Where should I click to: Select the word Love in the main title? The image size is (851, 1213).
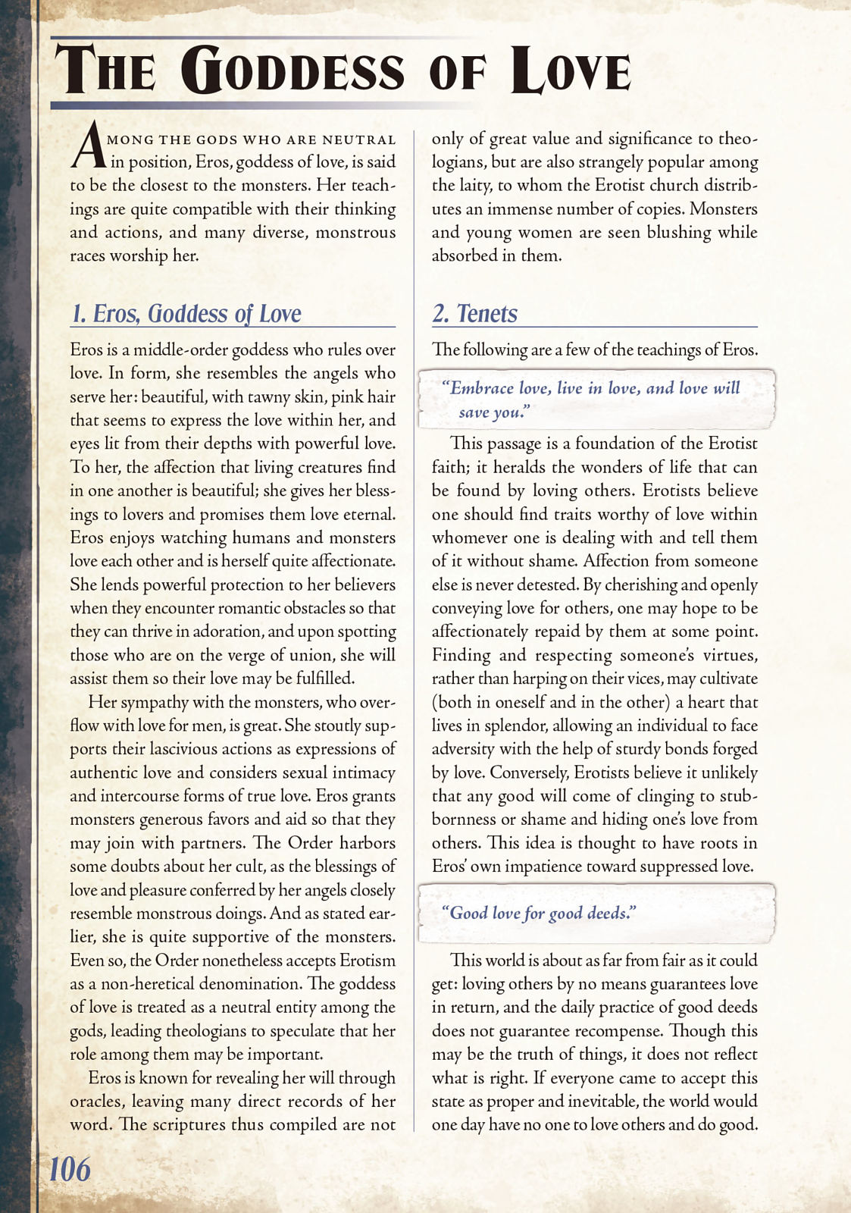(571, 71)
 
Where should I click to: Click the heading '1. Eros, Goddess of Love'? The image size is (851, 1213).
(186, 314)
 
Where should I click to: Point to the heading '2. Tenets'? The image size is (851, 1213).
(475, 314)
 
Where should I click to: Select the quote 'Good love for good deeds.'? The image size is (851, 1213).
(538, 913)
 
